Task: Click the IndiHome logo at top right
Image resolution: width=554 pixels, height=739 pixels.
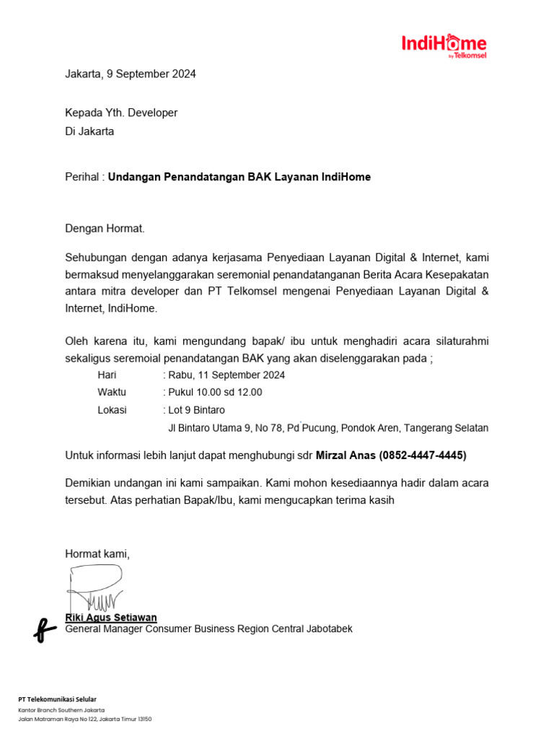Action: pos(444,45)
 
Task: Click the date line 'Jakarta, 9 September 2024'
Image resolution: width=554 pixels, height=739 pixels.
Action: pos(130,74)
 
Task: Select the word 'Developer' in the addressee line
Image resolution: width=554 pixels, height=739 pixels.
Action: pos(153,113)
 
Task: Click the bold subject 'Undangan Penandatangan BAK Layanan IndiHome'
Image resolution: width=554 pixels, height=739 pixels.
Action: pos(239,177)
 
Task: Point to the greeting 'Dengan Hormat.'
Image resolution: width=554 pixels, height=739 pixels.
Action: pos(105,229)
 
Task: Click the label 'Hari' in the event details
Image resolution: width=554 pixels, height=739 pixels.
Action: pos(107,375)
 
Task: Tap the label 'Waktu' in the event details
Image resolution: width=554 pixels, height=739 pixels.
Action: pos(112,393)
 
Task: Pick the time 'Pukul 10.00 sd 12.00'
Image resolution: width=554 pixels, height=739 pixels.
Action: pos(215,393)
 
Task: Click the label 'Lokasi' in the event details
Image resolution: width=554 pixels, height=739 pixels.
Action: pos(112,410)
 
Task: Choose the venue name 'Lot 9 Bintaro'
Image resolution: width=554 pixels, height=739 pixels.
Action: pos(196,410)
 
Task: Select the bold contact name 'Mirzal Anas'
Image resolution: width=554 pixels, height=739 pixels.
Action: pos(346,455)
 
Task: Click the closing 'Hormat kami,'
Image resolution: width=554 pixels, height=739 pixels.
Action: pos(97,554)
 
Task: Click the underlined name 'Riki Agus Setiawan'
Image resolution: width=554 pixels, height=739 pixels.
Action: pos(111,618)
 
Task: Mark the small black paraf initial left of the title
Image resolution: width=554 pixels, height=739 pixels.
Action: pos(44,629)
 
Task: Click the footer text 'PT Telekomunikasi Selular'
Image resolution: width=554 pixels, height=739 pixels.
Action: pos(57,699)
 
